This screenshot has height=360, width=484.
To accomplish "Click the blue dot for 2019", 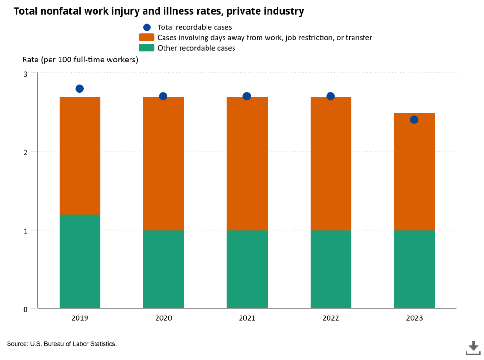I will coord(79,88).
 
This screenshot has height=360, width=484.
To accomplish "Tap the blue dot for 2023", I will coord(414,120).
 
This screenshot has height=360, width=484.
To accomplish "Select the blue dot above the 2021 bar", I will coord(247,96).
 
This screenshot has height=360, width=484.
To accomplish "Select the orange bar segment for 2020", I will coord(163,164).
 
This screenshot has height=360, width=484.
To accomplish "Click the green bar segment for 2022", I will coord(330,269).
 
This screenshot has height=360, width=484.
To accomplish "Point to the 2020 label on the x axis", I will coord(163,318).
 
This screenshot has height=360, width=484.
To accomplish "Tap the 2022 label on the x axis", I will coord(330,318).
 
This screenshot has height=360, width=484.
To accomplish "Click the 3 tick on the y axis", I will coord(26,74).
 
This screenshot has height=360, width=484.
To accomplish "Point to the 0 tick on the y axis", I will coord(26,309).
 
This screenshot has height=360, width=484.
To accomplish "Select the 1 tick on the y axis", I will coord(26,231).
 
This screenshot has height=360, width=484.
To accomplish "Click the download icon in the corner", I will coord(473,347).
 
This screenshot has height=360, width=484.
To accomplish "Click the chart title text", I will coord(159,11).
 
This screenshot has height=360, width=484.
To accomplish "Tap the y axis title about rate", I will coord(80,60).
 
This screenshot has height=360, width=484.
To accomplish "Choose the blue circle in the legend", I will coord(147,27).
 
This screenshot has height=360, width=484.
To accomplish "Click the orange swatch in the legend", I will coord(147,37).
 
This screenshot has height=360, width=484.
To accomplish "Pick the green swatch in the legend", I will coord(147,48).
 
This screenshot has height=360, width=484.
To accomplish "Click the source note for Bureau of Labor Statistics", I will coord(62,344).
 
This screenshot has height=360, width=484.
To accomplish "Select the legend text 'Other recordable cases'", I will coord(196,48).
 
